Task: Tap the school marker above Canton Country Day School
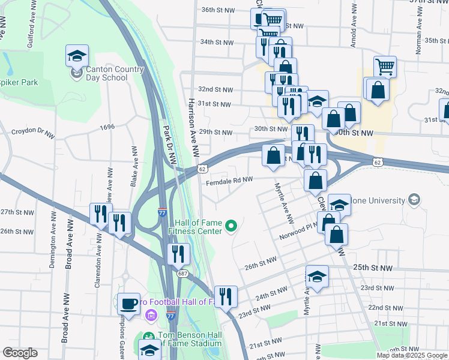coord(77,56)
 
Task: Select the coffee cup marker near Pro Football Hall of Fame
coord(128,303)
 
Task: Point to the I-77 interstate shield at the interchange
coord(162,212)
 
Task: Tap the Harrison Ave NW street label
coord(192,120)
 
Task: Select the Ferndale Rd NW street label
coord(230,179)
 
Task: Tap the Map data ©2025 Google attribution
coord(412,355)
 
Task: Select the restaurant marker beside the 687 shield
coord(179,254)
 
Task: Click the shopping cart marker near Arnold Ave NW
coord(385,66)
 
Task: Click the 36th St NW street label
coord(217,10)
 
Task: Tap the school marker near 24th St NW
coord(317,277)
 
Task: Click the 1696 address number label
coord(107,127)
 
